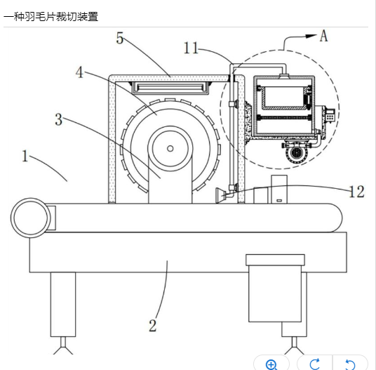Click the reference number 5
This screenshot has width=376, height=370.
tap(120, 38)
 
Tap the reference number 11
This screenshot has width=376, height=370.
tap(191, 48)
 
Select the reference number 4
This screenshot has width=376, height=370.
tap(79, 72)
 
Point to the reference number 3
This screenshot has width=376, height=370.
tap(59, 119)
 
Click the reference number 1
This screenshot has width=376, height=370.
tap(25, 156)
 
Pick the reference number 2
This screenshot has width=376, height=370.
tap(153, 325)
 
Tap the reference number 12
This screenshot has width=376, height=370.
tap(357, 192)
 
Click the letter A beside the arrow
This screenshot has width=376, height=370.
tap(323, 36)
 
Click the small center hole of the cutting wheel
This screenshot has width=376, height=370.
tap(170, 149)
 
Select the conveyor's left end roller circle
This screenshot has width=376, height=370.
tap(30, 218)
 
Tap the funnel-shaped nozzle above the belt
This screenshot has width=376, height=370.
tap(220, 195)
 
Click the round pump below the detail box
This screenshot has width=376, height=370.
tap(297, 152)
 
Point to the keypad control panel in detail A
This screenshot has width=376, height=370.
tap(330, 115)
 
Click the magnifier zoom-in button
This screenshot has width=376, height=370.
tap(271, 364)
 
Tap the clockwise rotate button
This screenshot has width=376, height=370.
tap(314, 364)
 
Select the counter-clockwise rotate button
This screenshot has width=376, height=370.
tap(350, 364)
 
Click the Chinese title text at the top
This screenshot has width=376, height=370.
tap(51, 17)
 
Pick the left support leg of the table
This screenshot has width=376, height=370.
tap(63, 304)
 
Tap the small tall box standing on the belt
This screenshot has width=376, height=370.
tap(279, 190)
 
